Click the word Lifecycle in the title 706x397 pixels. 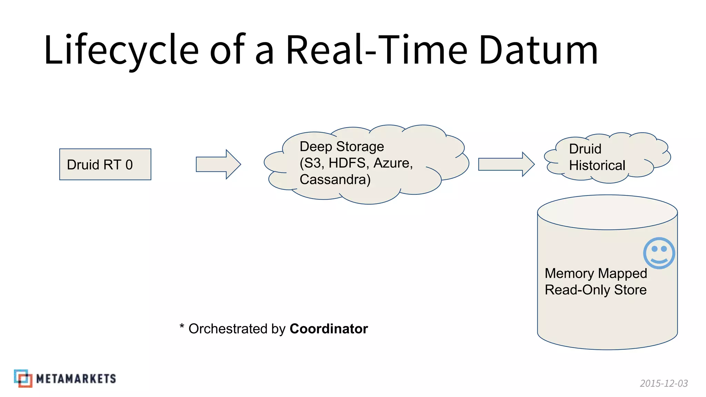pos(121,50)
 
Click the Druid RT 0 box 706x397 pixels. pos(105,164)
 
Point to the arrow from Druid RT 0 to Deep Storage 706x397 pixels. pos(218,164)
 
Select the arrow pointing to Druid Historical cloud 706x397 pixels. pos(506,164)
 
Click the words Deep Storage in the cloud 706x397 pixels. pos(342,146)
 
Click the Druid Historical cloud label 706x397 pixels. pos(597,157)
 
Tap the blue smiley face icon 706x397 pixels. pos(659,253)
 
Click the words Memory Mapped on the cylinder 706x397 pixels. pos(596,273)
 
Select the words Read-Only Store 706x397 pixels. pos(595,290)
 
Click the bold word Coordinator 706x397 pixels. pos(329,329)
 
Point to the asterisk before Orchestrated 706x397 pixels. pos(182,326)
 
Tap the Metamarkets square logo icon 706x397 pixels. pos(23,378)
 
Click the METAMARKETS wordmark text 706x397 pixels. pos(76,379)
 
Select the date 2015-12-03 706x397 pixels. pos(664,383)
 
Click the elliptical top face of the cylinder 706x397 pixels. pos(607,212)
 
